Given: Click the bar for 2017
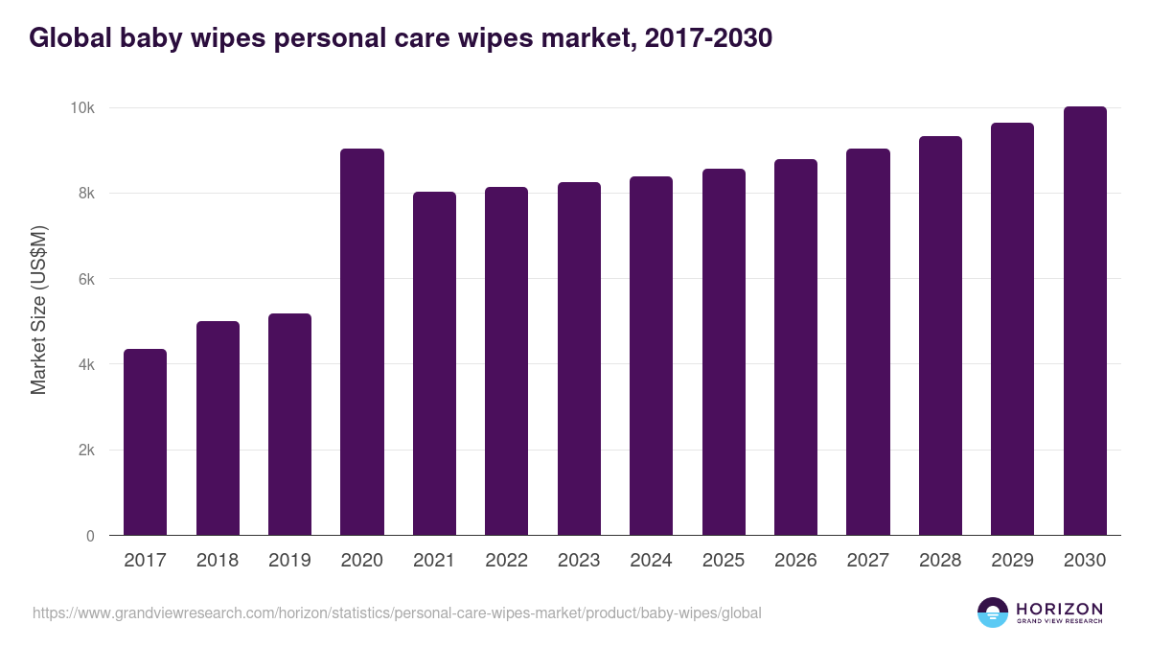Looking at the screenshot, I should pyautogui.click(x=145, y=442).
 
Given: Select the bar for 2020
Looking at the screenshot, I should pyautogui.click(x=362, y=342).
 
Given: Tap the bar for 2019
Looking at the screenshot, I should pyautogui.click(x=289, y=425).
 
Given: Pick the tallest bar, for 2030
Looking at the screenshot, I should pyautogui.click(x=1085, y=321).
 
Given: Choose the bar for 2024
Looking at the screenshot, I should pyautogui.click(x=651, y=356).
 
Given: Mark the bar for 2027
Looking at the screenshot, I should pyautogui.click(x=868, y=342).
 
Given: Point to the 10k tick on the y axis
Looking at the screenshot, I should pyautogui.click(x=81, y=108).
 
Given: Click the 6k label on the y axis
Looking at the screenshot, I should pyautogui.click(x=85, y=279).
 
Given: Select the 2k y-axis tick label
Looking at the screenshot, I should pyautogui.click(x=85, y=451).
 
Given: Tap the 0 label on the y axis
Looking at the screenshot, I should pyautogui.click(x=90, y=536).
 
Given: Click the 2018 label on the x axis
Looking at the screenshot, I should pyautogui.click(x=218, y=561).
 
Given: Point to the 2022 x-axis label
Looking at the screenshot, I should pyautogui.click(x=506, y=561).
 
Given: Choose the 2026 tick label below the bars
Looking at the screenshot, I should pyautogui.click(x=795, y=561).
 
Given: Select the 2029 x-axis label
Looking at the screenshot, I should pyautogui.click(x=1012, y=561).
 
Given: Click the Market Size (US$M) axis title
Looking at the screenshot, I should pyautogui.click(x=38, y=310).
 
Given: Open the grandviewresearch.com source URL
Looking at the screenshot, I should pyautogui.click(x=397, y=612).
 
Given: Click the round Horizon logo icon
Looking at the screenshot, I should pyautogui.click(x=993, y=612).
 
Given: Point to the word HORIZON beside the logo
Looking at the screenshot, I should pyautogui.click(x=1059, y=609).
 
